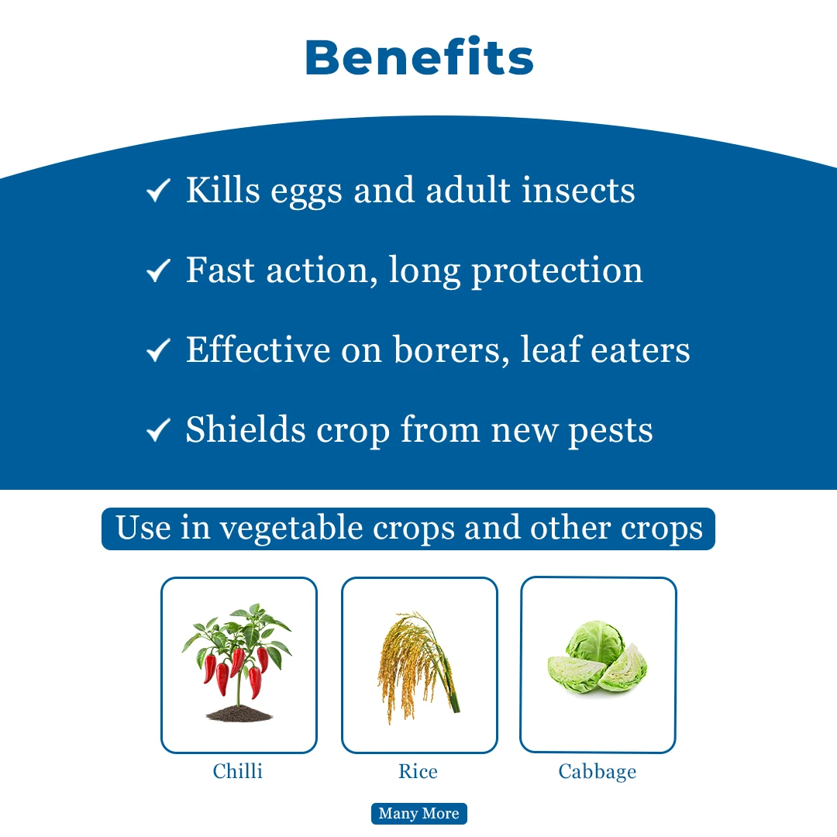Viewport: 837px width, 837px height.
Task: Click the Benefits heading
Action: pyautogui.click(x=419, y=57)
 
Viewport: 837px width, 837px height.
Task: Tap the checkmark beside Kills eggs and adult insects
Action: pyautogui.click(x=158, y=191)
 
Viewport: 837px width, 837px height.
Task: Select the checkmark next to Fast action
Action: pyautogui.click(x=158, y=270)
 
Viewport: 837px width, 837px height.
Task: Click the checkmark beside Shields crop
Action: pyautogui.click(x=158, y=429)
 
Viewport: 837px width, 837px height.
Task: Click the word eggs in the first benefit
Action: pyautogui.click(x=306, y=193)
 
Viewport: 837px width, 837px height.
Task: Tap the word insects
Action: pyautogui.click(x=578, y=190)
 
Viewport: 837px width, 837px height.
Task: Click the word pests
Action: pyautogui.click(x=610, y=432)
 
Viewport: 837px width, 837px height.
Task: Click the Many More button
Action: pyautogui.click(x=419, y=814)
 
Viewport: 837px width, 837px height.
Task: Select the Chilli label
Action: pyautogui.click(x=238, y=771)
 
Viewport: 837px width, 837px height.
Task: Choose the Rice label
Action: pyautogui.click(x=418, y=771)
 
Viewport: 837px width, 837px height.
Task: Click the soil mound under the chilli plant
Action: pyautogui.click(x=239, y=713)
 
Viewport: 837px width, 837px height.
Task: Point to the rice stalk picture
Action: pyautogui.click(x=418, y=667)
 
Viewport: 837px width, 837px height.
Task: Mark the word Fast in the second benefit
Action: pyautogui.click(x=220, y=270)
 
